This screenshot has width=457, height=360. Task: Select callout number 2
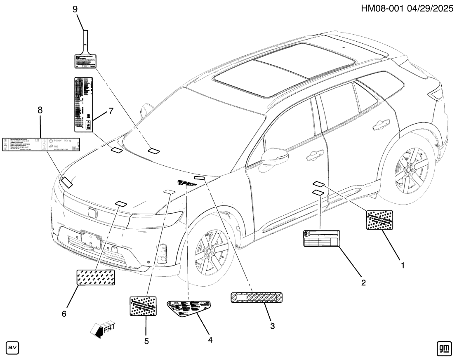pos(363,283)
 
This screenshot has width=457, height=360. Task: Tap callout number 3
pos(272,326)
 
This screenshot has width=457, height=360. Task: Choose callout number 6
pos(64,314)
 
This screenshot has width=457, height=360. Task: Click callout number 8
pos(40,110)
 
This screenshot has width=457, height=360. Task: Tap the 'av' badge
pos(12,348)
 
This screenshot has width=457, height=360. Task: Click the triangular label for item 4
pos(188,308)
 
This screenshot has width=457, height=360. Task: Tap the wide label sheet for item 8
pos(42,144)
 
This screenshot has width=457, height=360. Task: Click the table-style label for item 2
pos(321,238)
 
